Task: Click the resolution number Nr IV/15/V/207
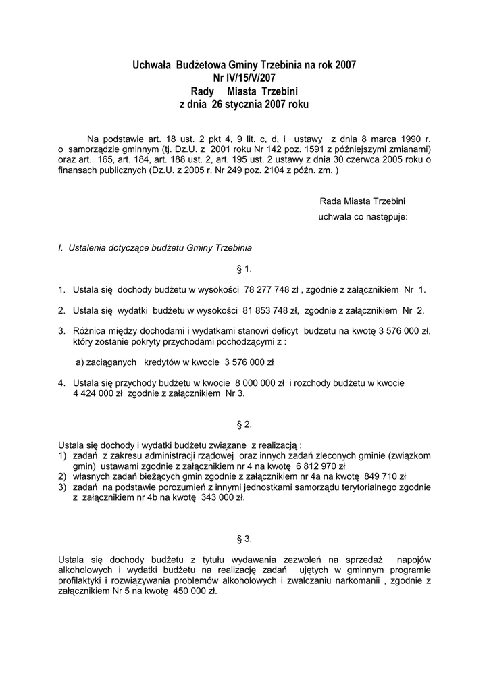click(x=244, y=78)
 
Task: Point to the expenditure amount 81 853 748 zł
click(x=270, y=310)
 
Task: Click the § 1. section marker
click(x=244, y=268)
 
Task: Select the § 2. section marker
click(x=244, y=424)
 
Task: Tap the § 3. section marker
click(x=244, y=539)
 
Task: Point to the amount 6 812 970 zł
click(x=320, y=466)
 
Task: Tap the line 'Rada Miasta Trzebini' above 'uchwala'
click(x=362, y=201)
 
